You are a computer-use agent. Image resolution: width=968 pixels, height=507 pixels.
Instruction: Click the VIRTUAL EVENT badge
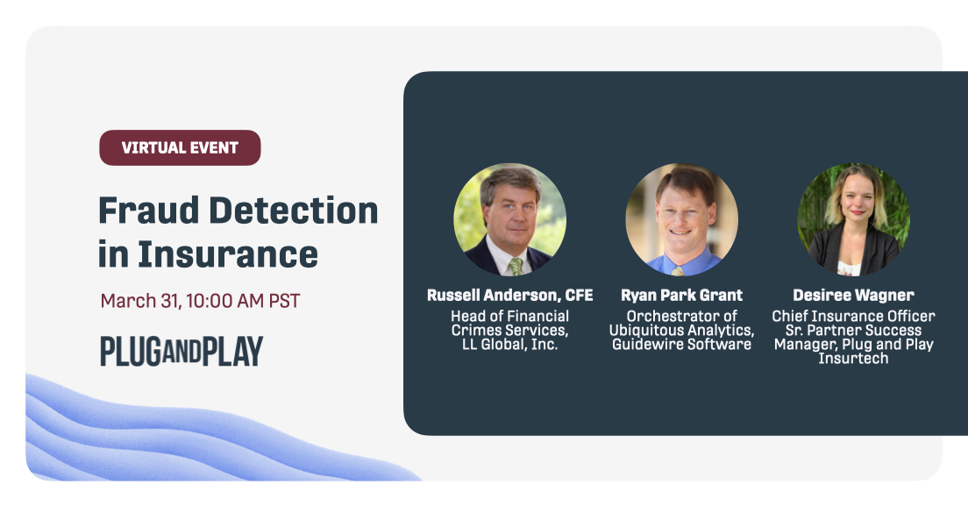point(180,147)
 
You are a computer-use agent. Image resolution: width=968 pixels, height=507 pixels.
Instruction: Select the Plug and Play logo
point(181,351)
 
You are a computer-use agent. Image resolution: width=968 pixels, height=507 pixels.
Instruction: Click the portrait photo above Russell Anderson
point(509,219)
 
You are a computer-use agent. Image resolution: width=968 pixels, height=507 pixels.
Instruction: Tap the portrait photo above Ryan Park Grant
point(681,219)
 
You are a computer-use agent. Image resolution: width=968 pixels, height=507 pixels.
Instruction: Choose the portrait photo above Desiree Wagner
point(853,219)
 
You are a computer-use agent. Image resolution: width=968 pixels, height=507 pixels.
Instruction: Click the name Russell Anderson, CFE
point(509,295)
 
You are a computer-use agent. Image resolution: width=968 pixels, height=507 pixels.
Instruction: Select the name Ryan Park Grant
point(681,295)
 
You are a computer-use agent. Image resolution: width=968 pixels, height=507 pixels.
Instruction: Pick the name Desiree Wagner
point(853,295)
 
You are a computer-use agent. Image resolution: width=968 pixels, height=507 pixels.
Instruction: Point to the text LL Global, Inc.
point(509,344)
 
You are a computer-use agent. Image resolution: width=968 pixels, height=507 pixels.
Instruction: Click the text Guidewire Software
point(681,344)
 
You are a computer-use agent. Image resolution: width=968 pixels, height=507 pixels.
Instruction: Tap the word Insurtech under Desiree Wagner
point(853,358)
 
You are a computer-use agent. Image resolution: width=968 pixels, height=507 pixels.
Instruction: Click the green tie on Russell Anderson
point(516,264)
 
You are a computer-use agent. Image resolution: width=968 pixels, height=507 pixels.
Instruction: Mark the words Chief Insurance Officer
point(853,316)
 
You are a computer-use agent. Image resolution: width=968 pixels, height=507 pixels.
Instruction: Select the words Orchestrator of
point(681,316)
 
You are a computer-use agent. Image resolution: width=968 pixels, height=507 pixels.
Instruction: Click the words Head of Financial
point(509,316)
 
